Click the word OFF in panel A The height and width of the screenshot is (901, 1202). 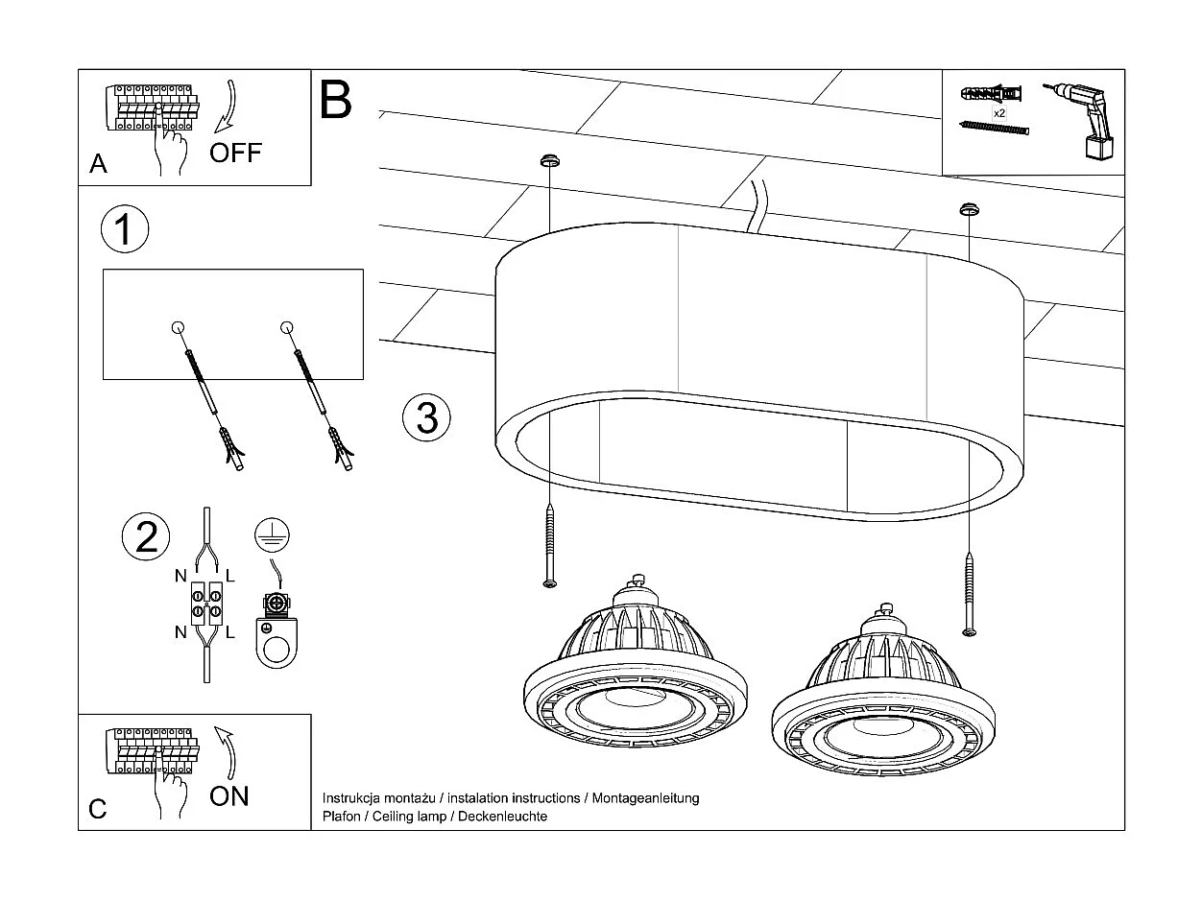click(x=235, y=153)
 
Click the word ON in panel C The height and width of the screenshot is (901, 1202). click(x=228, y=795)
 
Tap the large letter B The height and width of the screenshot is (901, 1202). click(x=336, y=100)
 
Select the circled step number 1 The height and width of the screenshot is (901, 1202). click(x=125, y=230)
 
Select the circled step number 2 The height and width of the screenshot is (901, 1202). click(x=146, y=535)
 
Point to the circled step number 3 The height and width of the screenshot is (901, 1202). click(x=426, y=418)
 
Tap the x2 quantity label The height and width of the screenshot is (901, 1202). click(x=998, y=113)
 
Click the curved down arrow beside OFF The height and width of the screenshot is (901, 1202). click(x=228, y=105)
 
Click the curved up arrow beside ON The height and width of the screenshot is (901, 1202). click(x=227, y=752)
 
